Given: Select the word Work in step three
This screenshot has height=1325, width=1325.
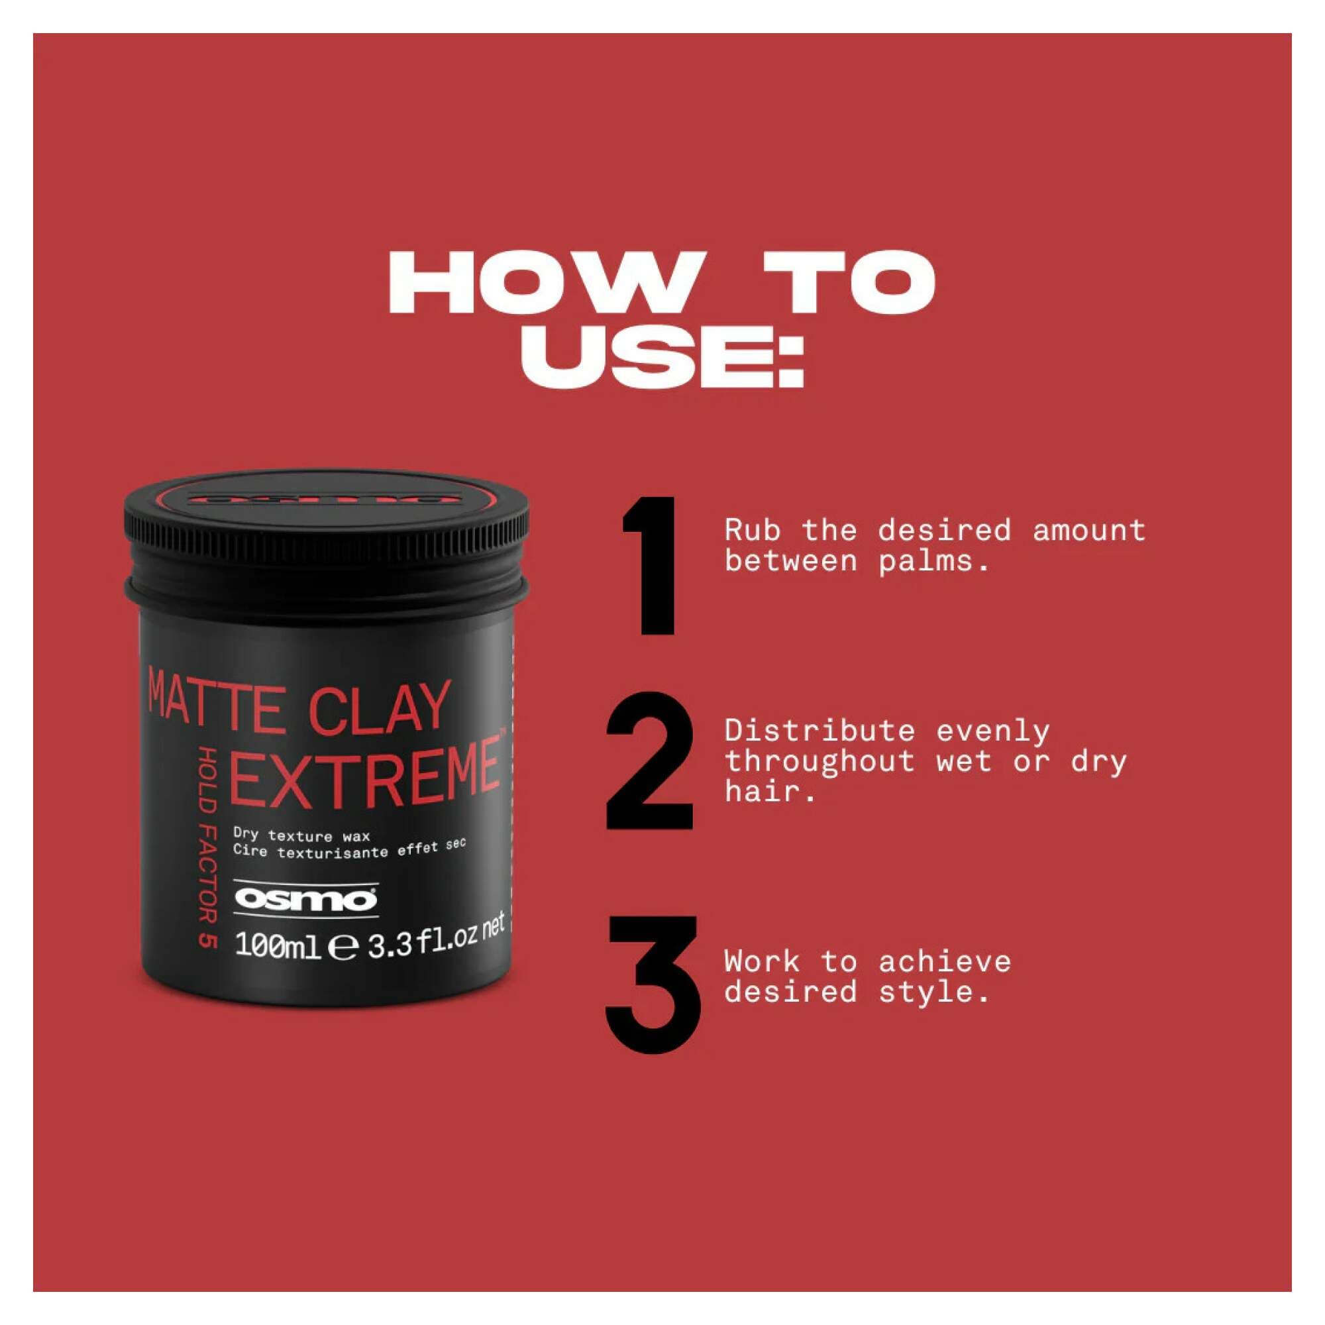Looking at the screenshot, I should tap(762, 961).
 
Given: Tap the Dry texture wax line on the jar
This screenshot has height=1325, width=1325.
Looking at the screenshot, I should tap(301, 835).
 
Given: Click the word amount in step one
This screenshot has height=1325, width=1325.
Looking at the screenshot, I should tap(1089, 531).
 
